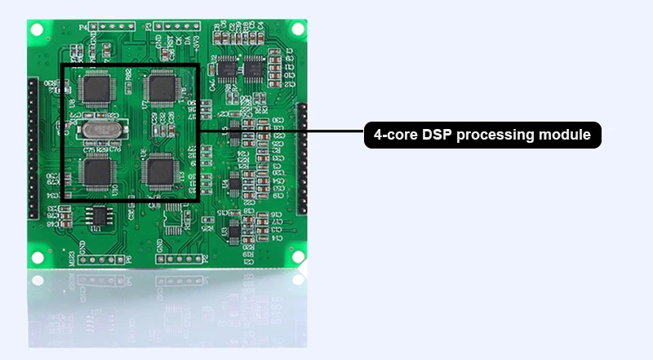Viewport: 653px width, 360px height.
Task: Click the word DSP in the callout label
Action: click(438, 136)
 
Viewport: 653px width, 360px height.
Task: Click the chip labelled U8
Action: click(98, 87)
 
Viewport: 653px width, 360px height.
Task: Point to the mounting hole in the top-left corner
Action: click(37, 29)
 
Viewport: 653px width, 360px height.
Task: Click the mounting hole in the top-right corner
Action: click(298, 29)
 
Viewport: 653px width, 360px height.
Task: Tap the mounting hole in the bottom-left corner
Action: click(37, 258)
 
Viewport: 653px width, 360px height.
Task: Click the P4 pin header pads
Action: click(111, 26)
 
